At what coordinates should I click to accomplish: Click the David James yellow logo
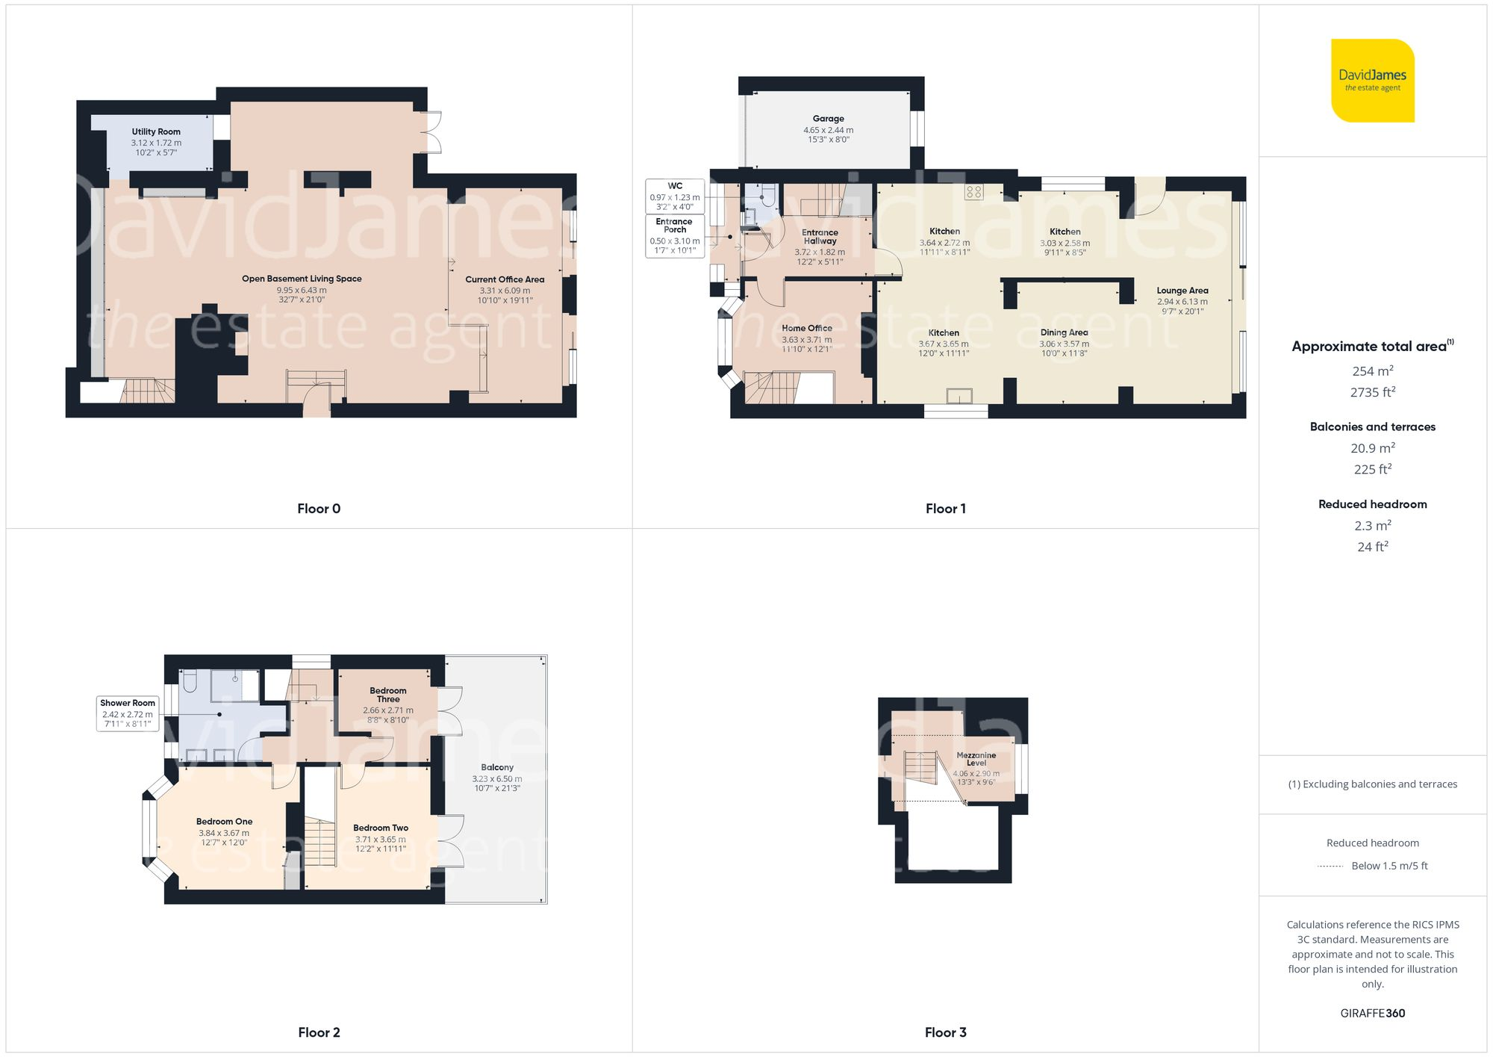[x=1372, y=81]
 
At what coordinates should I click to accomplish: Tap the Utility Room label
[x=156, y=132]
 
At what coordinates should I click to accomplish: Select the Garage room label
[x=828, y=119]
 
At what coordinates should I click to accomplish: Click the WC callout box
[x=675, y=196]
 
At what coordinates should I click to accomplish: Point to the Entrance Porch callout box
[x=675, y=236]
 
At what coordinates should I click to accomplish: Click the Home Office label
[x=806, y=329]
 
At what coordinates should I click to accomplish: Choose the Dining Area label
[x=1064, y=333]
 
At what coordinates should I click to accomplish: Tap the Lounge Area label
[x=1182, y=291]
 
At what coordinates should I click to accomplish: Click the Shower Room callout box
[x=128, y=713]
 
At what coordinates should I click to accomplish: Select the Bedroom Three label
[x=388, y=695]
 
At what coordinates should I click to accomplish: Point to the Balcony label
[x=497, y=768]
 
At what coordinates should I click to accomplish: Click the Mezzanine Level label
[x=976, y=759]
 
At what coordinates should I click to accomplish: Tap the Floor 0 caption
[x=319, y=509]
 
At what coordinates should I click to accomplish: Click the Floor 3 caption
[x=945, y=1032]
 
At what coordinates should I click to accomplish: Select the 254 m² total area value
[x=1372, y=371]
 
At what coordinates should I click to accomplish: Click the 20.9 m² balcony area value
[x=1372, y=448]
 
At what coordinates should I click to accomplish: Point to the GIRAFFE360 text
[x=1372, y=1014]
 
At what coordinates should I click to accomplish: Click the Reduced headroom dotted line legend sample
[x=1330, y=867]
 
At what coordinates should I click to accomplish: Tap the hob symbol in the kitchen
[x=973, y=192]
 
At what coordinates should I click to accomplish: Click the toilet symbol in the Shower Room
[x=190, y=681]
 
